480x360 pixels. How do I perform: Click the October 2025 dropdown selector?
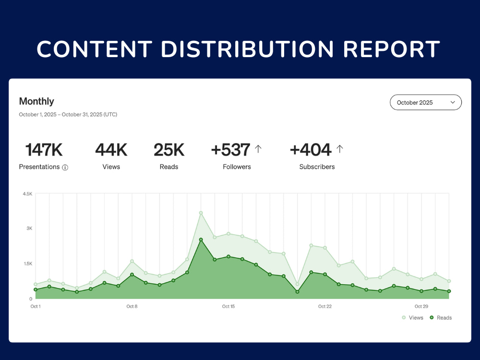point(425,102)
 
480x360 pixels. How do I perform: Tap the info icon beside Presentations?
point(65,168)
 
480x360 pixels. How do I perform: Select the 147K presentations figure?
point(44,150)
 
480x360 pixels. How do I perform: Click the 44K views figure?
point(111,150)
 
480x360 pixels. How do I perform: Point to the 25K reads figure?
point(169,150)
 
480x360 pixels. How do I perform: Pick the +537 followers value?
point(230,150)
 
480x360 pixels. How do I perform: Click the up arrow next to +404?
point(339,149)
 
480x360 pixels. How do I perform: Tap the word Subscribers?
point(317,167)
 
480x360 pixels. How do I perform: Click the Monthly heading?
point(36,101)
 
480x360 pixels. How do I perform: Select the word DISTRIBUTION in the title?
point(247,49)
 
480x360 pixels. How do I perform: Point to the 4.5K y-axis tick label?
point(27,194)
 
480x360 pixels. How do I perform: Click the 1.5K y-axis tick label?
point(28,264)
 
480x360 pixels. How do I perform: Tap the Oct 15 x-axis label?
point(228,306)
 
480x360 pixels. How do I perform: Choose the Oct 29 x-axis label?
point(421,306)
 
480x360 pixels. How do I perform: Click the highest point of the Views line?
point(201,213)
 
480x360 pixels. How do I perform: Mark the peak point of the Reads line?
point(201,240)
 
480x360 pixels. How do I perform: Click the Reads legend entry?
point(441,318)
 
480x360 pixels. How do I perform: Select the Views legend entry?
point(412,318)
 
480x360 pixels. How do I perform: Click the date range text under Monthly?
point(68,115)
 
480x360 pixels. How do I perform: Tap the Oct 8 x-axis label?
point(132,306)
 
